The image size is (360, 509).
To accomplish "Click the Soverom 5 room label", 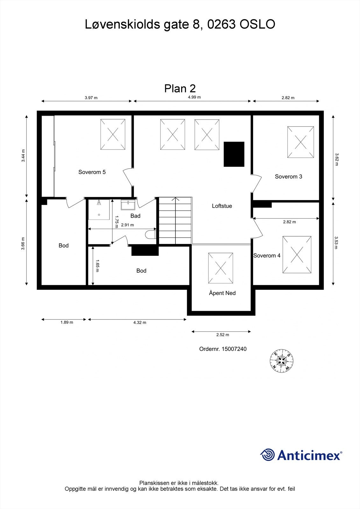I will (x=92, y=172).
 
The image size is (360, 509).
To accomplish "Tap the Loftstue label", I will (x=222, y=206).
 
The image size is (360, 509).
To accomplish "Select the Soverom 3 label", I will (x=288, y=177).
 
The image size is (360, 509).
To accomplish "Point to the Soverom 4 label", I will (x=267, y=255).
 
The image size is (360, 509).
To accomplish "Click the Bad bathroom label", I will (x=135, y=216).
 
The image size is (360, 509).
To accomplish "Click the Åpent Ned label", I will (x=222, y=293).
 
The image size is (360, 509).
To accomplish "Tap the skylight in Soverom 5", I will (x=113, y=134).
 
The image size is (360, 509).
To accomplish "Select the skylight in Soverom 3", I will (x=300, y=142).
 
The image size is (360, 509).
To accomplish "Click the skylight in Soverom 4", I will (x=297, y=254).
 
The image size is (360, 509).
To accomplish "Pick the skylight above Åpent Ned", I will (x=221, y=268).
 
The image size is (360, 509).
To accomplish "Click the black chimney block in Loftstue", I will (x=234, y=154).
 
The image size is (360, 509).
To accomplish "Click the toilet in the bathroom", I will (x=150, y=235).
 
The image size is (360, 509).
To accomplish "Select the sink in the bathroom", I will (x=128, y=205).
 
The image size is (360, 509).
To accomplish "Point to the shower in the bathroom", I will (x=99, y=209).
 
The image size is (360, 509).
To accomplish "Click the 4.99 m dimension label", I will (x=194, y=97).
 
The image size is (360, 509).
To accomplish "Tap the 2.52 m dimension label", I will (x=222, y=335).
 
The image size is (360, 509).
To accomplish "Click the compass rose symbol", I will (x=281, y=361).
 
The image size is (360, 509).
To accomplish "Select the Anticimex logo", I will (x=301, y=455).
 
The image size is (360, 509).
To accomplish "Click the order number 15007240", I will (x=223, y=349).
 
